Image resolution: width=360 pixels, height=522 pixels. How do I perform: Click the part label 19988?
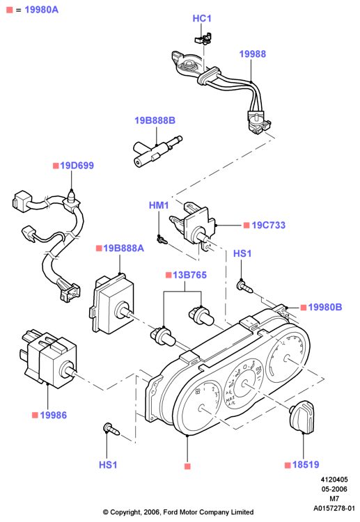(253, 54)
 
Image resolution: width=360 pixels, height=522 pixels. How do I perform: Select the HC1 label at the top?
(202, 18)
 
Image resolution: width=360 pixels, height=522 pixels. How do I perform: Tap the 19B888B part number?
(155, 120)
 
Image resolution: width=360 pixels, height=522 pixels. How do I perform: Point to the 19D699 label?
(77, 166)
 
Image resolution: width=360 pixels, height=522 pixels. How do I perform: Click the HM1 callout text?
(159, 205)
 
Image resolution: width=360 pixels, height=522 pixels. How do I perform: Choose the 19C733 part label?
(268, 225)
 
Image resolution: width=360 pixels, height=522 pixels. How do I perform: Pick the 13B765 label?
(189, 275)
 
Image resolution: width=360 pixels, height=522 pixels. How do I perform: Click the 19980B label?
(325, 307)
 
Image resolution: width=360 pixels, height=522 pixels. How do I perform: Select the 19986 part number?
(54, 415)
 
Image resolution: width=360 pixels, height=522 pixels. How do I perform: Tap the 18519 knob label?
(306, 464)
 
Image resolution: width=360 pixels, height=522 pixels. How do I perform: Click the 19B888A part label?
(123, 248)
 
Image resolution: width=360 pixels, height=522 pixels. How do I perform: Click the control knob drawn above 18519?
(302, 418)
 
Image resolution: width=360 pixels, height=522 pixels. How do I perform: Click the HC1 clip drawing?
(203, 38)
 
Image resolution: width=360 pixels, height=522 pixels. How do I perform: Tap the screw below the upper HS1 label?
(244, 287)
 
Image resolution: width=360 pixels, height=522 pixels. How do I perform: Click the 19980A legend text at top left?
(41, 10)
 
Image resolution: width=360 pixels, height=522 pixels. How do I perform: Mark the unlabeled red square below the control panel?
(187, 466)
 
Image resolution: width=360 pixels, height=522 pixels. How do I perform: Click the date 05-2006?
(334, 489)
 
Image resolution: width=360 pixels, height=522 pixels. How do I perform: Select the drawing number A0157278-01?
(334, 508)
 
